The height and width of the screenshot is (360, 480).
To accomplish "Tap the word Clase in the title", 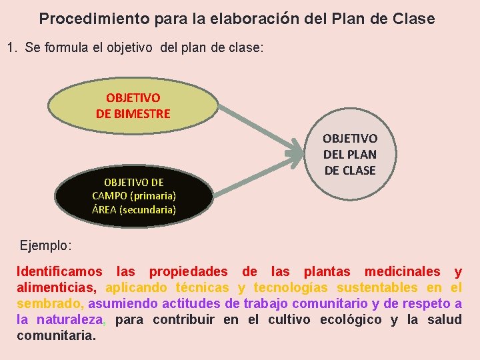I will pyautogui.click(x=413, y=19).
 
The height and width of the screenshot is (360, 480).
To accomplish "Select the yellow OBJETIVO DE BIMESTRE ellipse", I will pyautogui.click(x=133, y=106).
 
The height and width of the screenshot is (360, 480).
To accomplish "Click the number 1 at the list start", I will pyautogui.click(x=10, y=48).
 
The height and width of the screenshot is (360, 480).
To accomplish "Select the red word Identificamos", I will pyautogui.click(x=59, y=272).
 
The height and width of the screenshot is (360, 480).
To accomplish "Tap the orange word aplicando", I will pyautogui.click(x=136, y=288).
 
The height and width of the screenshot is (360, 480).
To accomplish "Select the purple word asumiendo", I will pyautogui.click(x=119, y=304).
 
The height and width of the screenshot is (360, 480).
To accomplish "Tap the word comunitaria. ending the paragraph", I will pyautogui.click(x=56, y=336).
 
